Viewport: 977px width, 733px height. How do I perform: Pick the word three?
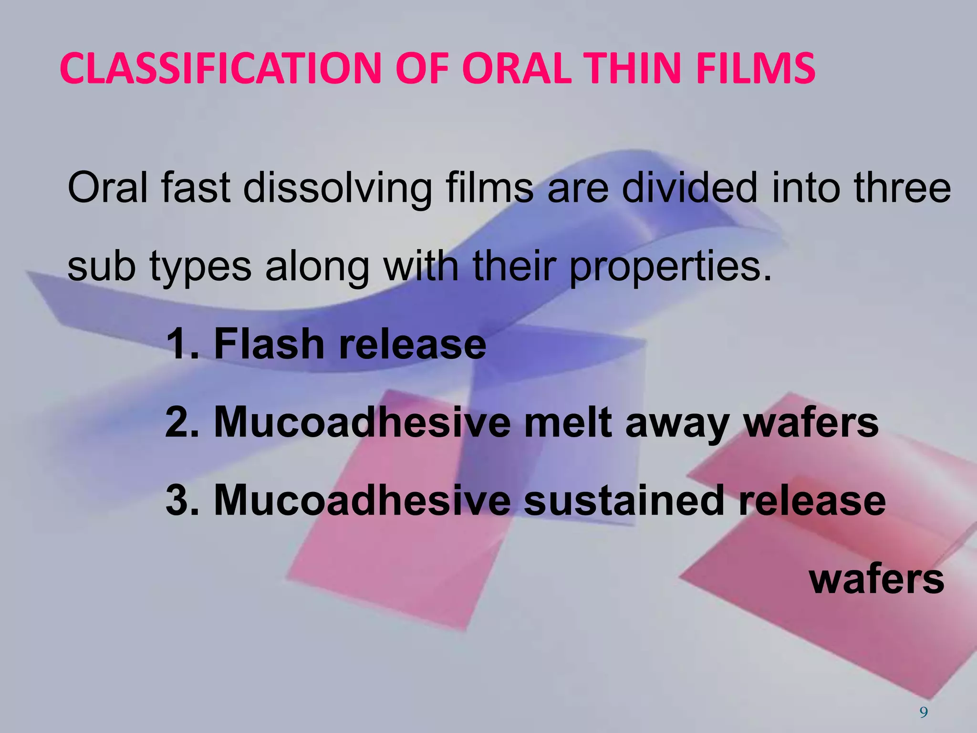point(902,188)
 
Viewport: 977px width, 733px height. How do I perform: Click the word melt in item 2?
point(568,422)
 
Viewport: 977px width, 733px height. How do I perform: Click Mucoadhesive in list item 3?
point(362,501)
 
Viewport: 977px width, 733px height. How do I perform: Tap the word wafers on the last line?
point(877,579)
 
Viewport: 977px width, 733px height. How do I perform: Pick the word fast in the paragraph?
point(196,188)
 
